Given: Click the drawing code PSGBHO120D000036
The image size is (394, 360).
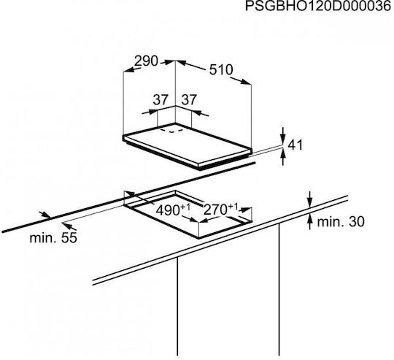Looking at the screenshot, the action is [x=317, y=7].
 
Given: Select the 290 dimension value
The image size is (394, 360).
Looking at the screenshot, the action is [x=146, y=61].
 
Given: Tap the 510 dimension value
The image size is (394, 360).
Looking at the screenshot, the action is [x=221, y=69].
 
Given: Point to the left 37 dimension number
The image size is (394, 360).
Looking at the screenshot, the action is [x=161, y=100].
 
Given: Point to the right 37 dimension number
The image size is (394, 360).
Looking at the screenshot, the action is [x=189, y=100].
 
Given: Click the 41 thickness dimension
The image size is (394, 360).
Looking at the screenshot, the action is [x=295, y=145].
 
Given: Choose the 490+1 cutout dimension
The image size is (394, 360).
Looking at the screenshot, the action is [x=173, y=210].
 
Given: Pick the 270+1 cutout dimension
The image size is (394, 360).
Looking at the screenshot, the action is [x=220, y=210].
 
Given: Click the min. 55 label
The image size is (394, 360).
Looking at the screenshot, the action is [x=53, y=237].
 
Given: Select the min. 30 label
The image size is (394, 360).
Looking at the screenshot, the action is [x=341, y=222].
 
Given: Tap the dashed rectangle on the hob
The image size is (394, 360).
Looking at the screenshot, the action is [x=172, y=130].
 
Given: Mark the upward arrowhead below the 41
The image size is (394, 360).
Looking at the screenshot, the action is [x=283, y=154].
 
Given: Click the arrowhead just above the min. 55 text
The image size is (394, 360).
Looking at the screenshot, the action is [x=68, y=224].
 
